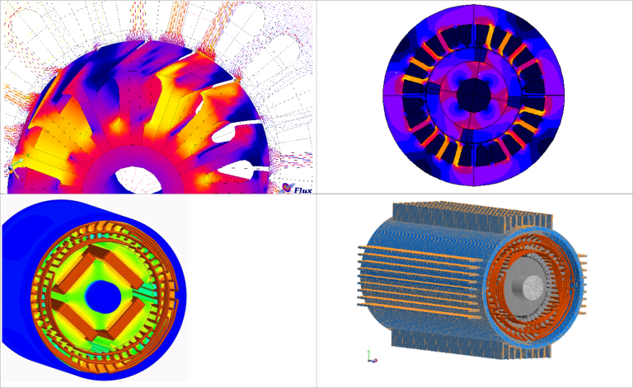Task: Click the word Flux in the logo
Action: (x=302, y=190)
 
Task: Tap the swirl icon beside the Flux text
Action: (x=287, y=188)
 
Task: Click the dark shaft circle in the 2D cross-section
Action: (x=474, y=96)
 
